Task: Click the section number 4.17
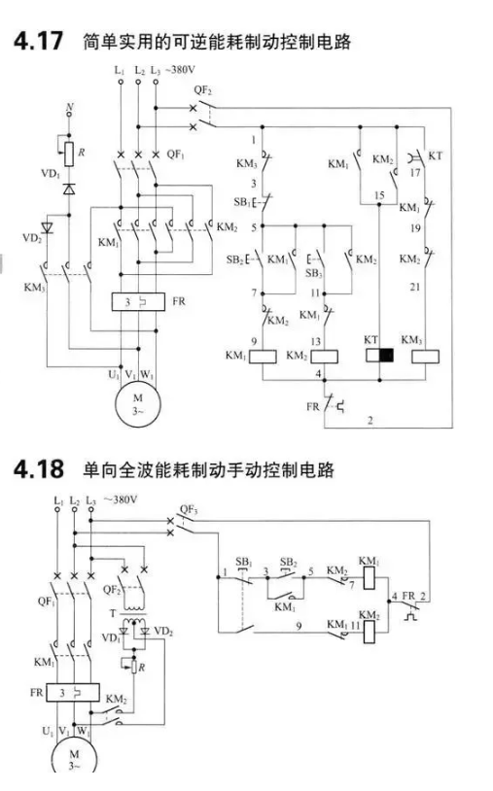38,41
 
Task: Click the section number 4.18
38,468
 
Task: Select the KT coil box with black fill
379,355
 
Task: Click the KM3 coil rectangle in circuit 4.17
425,357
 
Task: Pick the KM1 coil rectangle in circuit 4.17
263,357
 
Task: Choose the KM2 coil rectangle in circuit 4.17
324,357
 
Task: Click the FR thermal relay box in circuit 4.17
138,301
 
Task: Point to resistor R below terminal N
69,154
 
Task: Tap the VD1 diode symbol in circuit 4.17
69,189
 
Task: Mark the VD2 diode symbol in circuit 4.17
47,227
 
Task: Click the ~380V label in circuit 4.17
180,70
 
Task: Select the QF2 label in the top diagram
203,90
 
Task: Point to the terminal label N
70,107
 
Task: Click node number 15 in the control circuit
379,195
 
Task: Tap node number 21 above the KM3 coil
415,287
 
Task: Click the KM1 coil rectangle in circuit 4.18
370,578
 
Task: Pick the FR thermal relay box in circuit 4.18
73,693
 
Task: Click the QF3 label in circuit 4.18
189,510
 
